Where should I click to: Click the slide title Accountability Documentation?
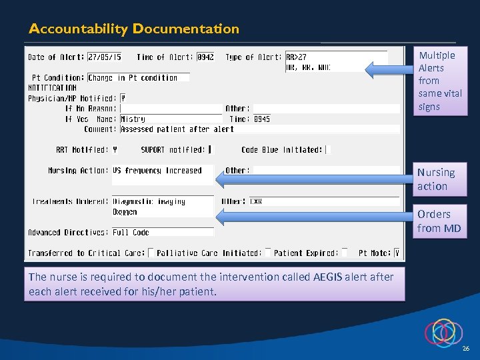(x=133, y=29)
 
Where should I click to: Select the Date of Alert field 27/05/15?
(x=105, y=57)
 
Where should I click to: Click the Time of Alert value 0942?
(x=206, y=57)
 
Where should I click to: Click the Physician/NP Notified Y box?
(x=123, y=99)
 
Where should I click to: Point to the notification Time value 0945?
(x=262, y=119)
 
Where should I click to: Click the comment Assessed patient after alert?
(x=177, y=129)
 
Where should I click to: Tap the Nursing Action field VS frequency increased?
(x=157, y=171)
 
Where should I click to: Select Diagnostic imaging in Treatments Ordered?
(x=149, y=201)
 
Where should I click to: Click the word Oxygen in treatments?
(x=125, y=212)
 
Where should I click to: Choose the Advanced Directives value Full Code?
(x=131, y=233)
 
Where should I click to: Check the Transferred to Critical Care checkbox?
(x=151, y=253)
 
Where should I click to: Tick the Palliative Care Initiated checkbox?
(x=267, y=253)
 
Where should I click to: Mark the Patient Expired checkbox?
(x=344, y=253)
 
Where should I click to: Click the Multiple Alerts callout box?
(x=439, y=81)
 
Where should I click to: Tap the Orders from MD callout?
(x=439, y=221)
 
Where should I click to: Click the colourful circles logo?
(x=443, y=332)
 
